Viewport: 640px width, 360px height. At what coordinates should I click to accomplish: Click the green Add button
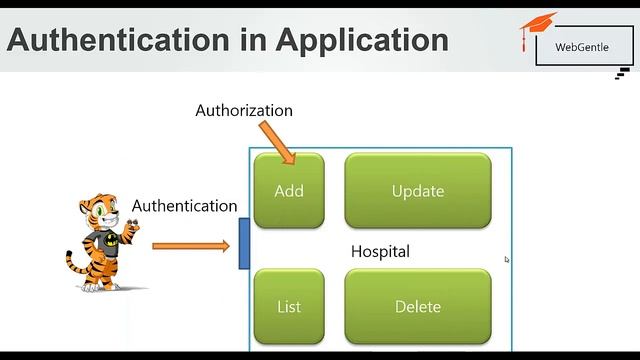click(289, 190)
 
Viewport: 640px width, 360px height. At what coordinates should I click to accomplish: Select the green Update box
click(418, 190)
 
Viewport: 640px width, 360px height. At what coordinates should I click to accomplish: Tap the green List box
click(289, 306)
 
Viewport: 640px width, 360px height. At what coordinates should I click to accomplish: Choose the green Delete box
click(418, 306)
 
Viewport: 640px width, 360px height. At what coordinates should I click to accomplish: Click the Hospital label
click(380, 251)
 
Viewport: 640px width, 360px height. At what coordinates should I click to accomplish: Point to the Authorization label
click(244, 110)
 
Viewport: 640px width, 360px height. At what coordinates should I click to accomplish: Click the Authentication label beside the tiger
click(185, 205)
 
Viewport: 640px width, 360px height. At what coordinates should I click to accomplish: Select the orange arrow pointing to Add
click(278, 141)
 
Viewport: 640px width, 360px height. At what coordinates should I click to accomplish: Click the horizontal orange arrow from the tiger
click(190, 245)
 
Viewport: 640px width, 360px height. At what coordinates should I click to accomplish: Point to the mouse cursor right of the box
click(507, 260)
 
